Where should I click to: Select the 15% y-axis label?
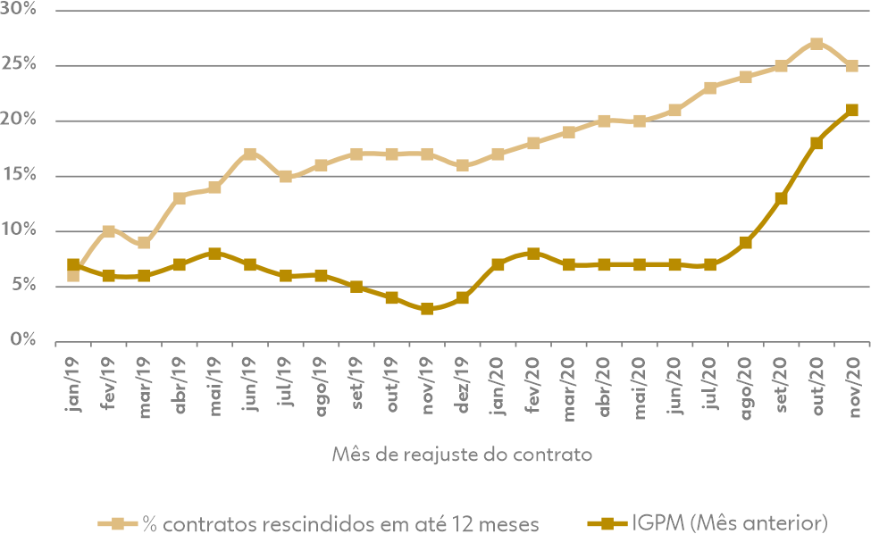pyautogui.click(x=20, y=175)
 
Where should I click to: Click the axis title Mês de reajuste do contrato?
pyautogui.click(x=461, y=454)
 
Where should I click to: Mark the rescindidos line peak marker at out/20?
pyautogui.click(x=817, y=44)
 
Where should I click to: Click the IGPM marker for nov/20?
pyautogui.click(x=852, y=110)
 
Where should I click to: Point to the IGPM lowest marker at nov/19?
pyautogui.click(x=427, y=309)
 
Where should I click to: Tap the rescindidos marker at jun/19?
pyautogui.click(x=250, y=154)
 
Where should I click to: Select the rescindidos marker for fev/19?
pyautogui.click(x=108, y=231)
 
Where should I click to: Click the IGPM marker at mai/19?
pyautogui.click(x=214, y=254)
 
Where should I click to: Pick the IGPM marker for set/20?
pyautogui.click(x=781, y=198)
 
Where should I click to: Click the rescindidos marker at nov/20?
pyautogui.click(x=852, y=66)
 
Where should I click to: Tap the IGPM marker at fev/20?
pyautogui.click(x=533, y=254)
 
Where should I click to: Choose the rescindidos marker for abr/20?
pyautogui.click(x=604, y=121)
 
